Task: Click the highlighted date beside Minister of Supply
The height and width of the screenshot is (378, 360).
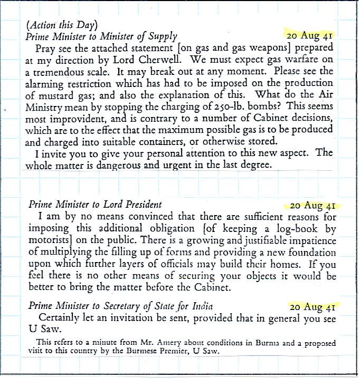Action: (x=310, y=36)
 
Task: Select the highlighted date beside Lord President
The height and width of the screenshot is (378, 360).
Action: (x=310, y=205)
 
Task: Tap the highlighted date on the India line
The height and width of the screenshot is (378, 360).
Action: (x=310, y=306)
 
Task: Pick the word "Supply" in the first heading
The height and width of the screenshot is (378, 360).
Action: (x=163, y=36)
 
